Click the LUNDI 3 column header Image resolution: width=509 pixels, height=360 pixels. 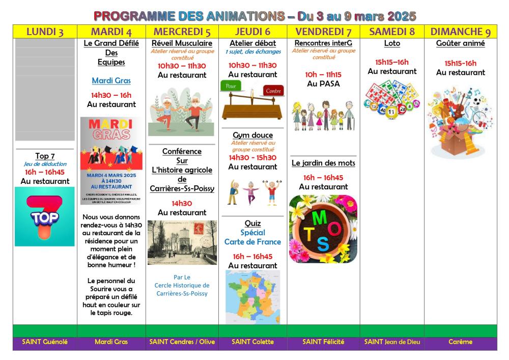[45, 32]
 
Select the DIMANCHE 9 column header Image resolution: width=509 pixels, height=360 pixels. [460, 32]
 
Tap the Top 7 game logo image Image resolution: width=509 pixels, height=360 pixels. [45, 216]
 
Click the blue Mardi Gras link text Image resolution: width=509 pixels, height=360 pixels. [111, 80]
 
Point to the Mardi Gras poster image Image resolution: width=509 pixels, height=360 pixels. [111, 161]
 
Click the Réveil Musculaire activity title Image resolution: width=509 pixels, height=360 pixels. [182, 44]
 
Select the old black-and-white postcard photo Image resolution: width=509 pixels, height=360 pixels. [182, 242]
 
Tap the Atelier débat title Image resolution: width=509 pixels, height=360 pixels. [253, 43]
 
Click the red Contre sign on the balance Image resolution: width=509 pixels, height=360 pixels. [273, 91]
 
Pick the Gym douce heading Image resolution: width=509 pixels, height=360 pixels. [253, 135]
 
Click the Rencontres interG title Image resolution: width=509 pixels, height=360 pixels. [323, 43]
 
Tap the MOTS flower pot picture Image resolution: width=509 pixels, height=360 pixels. [323, 229]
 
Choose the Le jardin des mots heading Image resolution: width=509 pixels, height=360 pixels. [323, 163]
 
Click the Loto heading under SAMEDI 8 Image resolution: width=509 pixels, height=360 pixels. [392, 44]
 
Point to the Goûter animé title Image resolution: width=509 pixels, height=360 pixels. [460, 44]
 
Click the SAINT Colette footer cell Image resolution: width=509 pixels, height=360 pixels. [253, 342]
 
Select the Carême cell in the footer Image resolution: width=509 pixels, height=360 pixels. [460, 342]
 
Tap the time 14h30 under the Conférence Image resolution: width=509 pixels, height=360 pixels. [182, 203]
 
